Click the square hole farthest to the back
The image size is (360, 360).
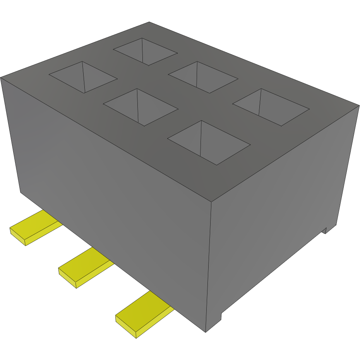click(145, 51)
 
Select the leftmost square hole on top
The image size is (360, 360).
click(83, 77)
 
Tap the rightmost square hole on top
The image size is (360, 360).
click(271, 107)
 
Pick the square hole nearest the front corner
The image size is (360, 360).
click(209, 142)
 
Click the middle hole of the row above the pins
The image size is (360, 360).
click(141, 107)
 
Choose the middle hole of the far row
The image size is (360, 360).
click(203, 77)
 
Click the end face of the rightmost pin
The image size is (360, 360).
click(126, 328)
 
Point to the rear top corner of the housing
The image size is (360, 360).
click(149, 22)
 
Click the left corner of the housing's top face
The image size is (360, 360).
click(1, 77)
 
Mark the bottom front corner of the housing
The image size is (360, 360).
click(206, 331)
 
